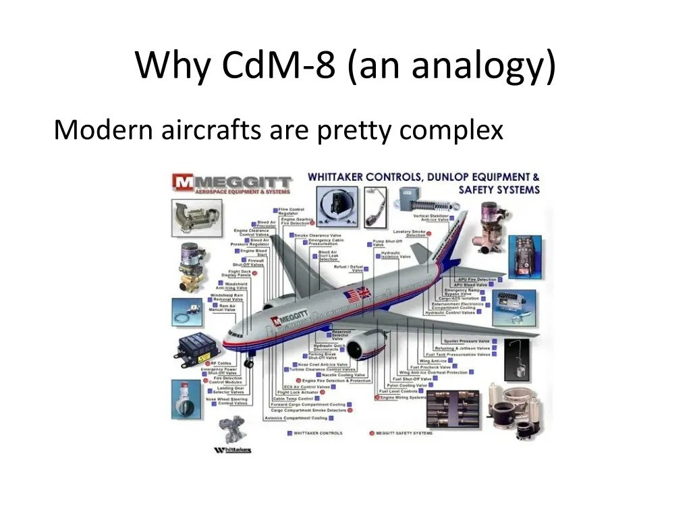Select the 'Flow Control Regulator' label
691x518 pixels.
tap(292, 212)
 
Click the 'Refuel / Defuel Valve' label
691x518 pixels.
tap(349, 268)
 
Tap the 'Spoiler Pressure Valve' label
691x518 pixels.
tap(466, 341)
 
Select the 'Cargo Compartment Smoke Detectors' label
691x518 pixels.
tap(308, 410)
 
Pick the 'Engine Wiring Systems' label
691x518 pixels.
tap(404, 397)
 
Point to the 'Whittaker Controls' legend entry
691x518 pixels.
tap(317, 433)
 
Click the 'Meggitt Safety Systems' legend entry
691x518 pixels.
tap(404, 433)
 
